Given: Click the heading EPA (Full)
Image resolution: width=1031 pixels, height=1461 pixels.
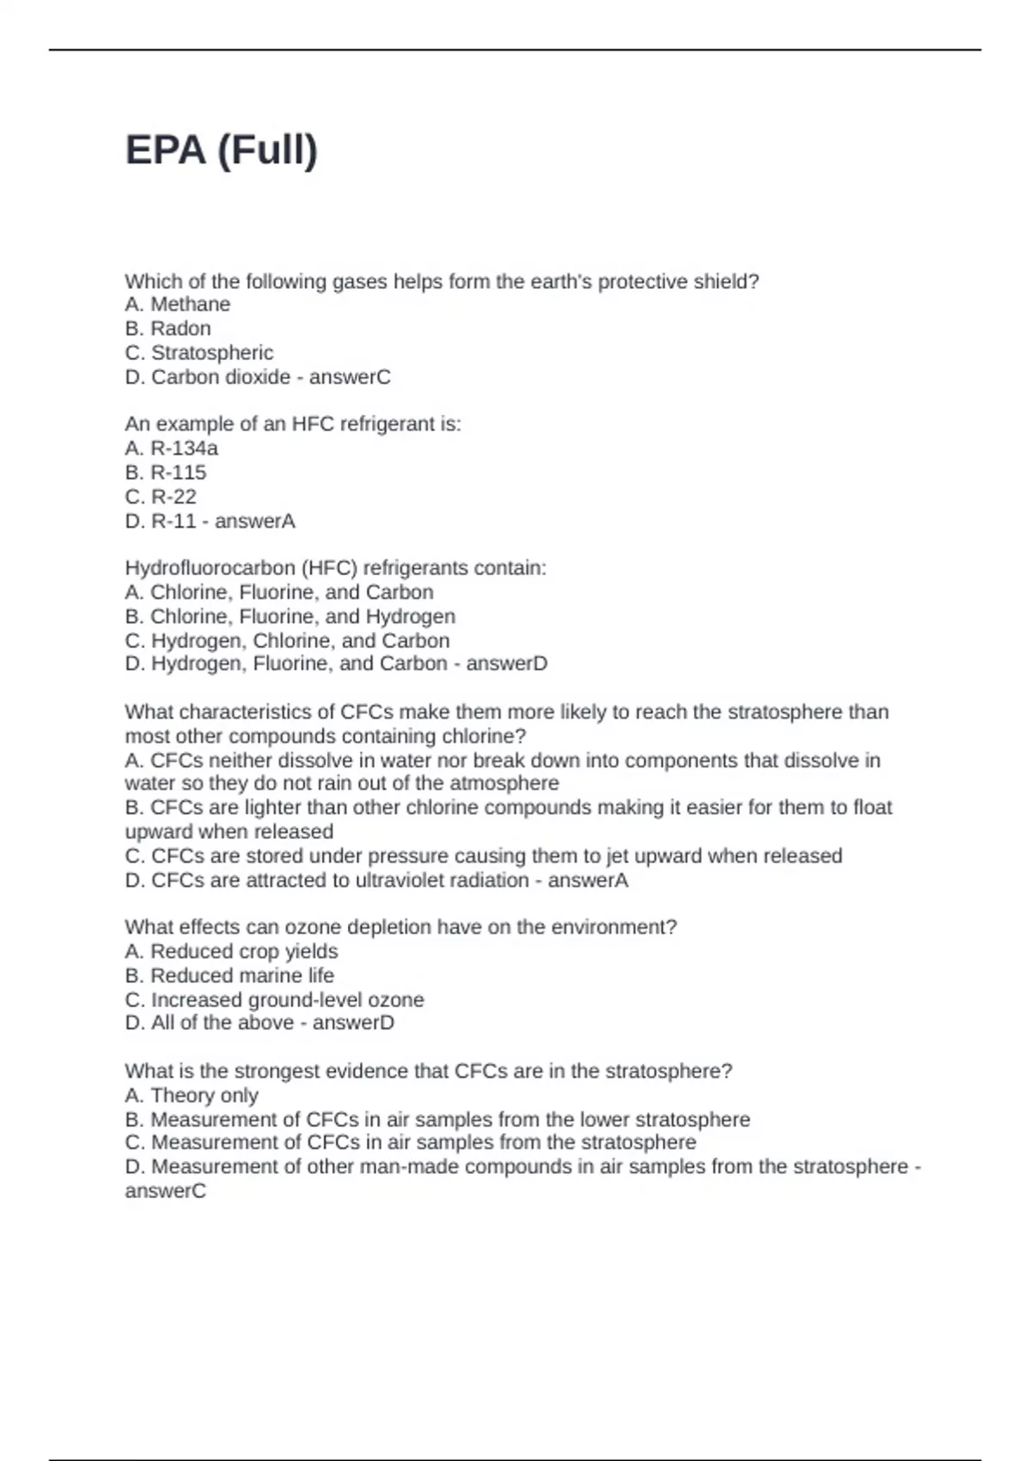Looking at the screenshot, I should (x=222, y=150).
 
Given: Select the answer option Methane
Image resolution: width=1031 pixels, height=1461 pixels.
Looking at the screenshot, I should (x=189, y=304).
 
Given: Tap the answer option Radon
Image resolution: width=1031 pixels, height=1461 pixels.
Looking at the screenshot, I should (x=180, y=328).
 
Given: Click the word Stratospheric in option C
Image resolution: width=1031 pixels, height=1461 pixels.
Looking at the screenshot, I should (x=212, y=352).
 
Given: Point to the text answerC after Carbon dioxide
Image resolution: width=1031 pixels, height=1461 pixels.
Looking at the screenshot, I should (x=350, y=376).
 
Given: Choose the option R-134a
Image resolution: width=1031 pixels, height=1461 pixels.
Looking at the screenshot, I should (x=184, y=448).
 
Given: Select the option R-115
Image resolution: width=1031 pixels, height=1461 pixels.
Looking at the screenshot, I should (x=178, y=472).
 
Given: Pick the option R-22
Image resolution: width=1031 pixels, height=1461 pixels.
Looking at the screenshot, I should (x=174, y=496).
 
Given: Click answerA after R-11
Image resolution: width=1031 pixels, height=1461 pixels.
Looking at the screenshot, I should (x=254, y=521).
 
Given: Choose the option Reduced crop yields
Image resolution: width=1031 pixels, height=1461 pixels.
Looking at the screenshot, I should (x=244, y=951).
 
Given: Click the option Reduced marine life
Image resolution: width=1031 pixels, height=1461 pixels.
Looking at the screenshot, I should (x=241, y=975).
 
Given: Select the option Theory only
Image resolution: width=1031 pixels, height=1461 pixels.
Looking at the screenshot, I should (x=204, y=1095).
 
